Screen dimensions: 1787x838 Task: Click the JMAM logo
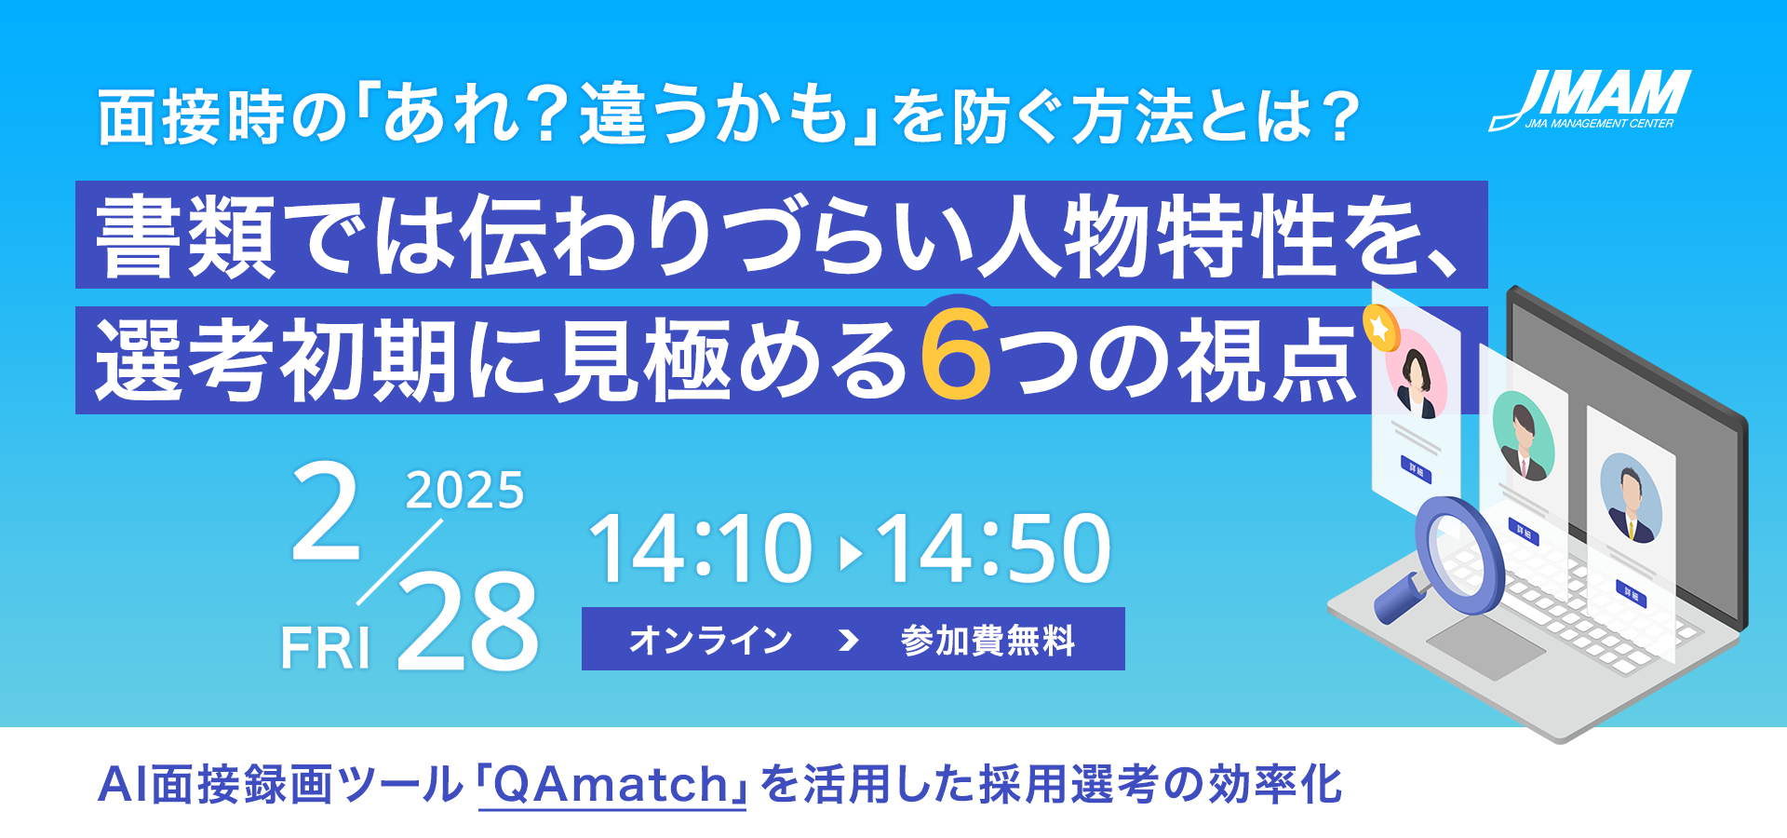[x=1590, y=100]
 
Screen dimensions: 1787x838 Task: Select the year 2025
[x=464, y=490]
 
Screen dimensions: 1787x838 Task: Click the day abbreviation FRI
[x=326, y=647]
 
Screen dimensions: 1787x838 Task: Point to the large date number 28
[x=468, y=621]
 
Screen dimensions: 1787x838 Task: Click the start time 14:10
[x=701, y=548]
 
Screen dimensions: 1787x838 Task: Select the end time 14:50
[x=994, y=548]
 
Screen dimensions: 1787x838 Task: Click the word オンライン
[x=710, y=641]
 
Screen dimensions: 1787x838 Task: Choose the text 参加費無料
[x=988, y=641]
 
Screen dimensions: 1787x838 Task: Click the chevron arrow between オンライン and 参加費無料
[x=847, y=641]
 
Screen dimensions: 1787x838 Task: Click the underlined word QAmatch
[x=611, y=785]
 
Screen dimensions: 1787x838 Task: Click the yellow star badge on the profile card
[x=1379, y=330]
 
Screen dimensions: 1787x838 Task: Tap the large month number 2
[x=326, y=511]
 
